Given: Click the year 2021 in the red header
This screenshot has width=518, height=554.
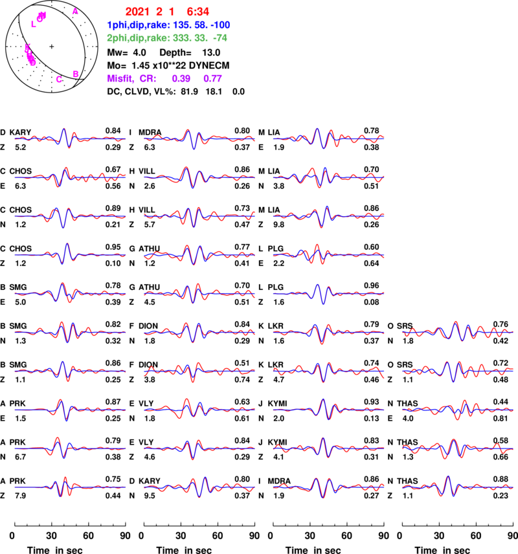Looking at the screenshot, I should pyautogui.click(x=137, y=12).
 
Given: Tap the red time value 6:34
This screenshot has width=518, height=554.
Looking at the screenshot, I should pyautogui.click(x=197, y=12).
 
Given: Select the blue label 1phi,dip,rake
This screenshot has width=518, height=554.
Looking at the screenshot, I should pyautogui.click(x=138, y=25).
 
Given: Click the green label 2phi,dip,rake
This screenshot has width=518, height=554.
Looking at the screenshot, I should pyautogui.click(x=138, y=38).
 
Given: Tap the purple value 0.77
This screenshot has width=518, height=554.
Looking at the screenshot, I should pyautogui.click(x=212, y=78).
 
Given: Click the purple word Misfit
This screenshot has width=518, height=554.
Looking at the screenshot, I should pyautogui.click(x=120, y=78).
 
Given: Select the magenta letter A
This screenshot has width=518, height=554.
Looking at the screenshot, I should pyautogui.click(x=75, y=12).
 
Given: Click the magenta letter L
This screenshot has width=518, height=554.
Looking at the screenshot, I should pyautogui.click(x=34, y=25).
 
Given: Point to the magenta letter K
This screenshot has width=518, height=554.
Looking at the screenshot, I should pyautogui.click(x=27, y=48).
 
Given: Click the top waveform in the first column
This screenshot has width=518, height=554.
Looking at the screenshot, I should pyautogui.click(x=70, y=138).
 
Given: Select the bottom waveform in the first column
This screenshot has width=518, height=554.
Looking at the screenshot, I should pyautogui.click(x=70, y=486).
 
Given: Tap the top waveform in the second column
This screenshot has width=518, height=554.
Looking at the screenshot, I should pyautogui.click(x=199, y=138).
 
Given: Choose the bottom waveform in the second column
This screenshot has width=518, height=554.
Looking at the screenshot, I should pyautogui.click(x=199, y=486).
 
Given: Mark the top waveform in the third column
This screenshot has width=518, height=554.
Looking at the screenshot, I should pyautogui.click(x=329, y=138).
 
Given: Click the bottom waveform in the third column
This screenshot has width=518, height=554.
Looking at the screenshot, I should pyautogui.click(x=329, y=486).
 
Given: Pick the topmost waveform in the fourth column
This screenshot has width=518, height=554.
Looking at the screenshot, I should pyautogui.click(x=458, y=332).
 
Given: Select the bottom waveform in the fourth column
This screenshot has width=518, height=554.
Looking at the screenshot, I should pyautogui.click(x=458, y=486).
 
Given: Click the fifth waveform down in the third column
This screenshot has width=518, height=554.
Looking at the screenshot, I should pyautogui.click(x=329, y=293).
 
